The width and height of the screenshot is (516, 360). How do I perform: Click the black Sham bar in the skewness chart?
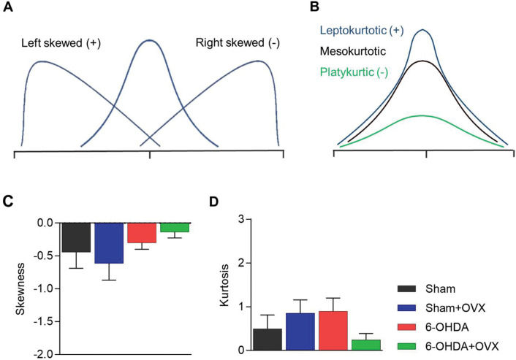coord(76,237)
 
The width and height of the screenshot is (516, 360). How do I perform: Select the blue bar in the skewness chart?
coord(109,243)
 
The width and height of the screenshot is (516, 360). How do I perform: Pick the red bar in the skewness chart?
coord(142,233)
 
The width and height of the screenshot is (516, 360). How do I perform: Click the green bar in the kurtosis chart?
coord(365,345)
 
